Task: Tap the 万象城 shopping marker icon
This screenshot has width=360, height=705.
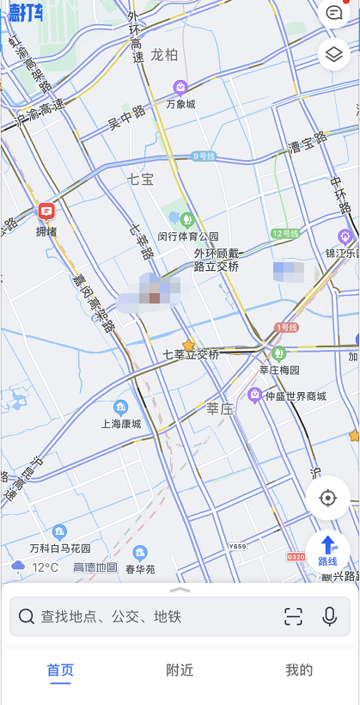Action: pos(180,86)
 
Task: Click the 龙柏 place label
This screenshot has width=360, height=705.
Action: pos(164,55)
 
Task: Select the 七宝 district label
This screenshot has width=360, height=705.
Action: pos(140,179)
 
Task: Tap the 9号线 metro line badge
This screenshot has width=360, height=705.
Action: pos(204,156)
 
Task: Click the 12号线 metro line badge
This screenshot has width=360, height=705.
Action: pos(284,234)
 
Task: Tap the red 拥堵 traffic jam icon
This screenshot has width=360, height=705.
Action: pos(46,211)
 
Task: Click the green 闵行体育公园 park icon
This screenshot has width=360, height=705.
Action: pos(186,218)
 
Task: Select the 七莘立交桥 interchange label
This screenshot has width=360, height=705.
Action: pos(191,354)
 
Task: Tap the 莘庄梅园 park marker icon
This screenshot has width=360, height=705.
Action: pos(278,352)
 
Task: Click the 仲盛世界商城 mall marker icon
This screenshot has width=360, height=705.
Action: pos(254,395)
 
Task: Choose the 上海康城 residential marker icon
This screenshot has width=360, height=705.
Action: pos(121,406)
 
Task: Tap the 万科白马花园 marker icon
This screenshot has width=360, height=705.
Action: pos(59,531)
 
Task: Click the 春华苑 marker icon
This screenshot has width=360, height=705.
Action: pos(140,553)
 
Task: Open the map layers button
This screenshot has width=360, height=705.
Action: pos(333,54)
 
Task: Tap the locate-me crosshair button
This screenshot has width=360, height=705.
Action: pos(327,498)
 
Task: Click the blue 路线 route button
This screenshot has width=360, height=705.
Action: pos(328,550)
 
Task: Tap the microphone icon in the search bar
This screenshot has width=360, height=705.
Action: pos(329,616)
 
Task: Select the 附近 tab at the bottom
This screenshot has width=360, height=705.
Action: pos(180,671)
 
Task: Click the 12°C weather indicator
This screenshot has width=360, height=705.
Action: pos(35,567)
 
